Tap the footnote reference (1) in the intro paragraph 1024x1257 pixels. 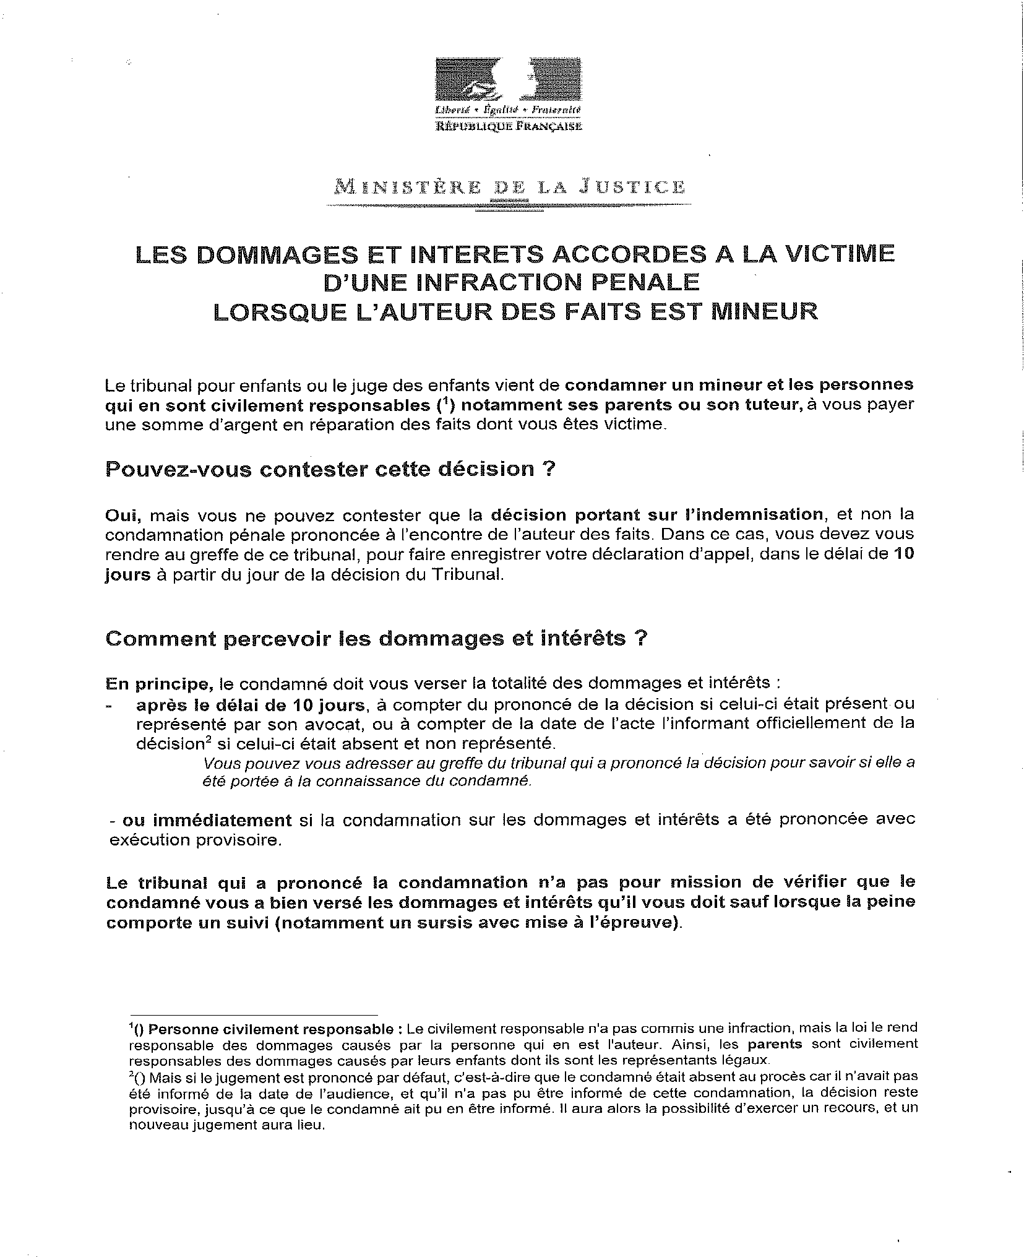(x=442, y=405)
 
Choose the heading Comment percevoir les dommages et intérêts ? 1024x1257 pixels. (x=376, y=639)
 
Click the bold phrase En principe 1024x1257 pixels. (x=160, y=683)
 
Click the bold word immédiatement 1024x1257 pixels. (x=207, y=820)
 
